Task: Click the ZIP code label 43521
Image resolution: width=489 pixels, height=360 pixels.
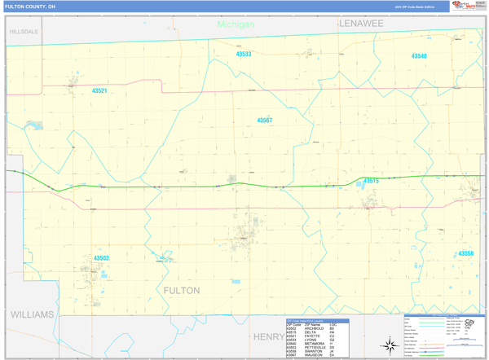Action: (x=99, y=91)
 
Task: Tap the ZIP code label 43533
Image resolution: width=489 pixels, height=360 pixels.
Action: (x=244, y=55)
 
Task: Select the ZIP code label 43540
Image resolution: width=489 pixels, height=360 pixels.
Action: (x=419, y=56)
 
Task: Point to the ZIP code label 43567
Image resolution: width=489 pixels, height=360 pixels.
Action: (x=265, y=121)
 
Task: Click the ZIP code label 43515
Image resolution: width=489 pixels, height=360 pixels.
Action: (x=371, y=181)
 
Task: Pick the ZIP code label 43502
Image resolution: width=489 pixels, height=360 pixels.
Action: (x=101, y=258)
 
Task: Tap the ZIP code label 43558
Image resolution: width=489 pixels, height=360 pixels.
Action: (x=465, y=253)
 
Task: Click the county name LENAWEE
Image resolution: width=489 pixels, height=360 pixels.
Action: (x=361, y=24)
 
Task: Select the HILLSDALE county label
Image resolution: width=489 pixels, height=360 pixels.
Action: (x=24, y=32)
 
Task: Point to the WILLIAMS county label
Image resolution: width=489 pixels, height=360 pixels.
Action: (x=32, y=314)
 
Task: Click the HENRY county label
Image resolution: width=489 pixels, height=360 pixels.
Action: (x=268, y=336)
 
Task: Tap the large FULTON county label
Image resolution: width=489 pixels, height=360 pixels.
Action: (x=182, y=291)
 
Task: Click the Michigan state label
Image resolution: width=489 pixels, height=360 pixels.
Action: (x=236, y=24)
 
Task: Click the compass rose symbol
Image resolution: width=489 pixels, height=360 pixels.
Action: (x=390, y=345)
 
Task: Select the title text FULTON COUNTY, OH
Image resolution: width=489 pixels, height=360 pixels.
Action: (x=31, y=7)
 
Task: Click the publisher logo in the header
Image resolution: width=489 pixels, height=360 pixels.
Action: (x=464, y=7)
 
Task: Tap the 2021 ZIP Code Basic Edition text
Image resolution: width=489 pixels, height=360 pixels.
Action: (x=415, y=7)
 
